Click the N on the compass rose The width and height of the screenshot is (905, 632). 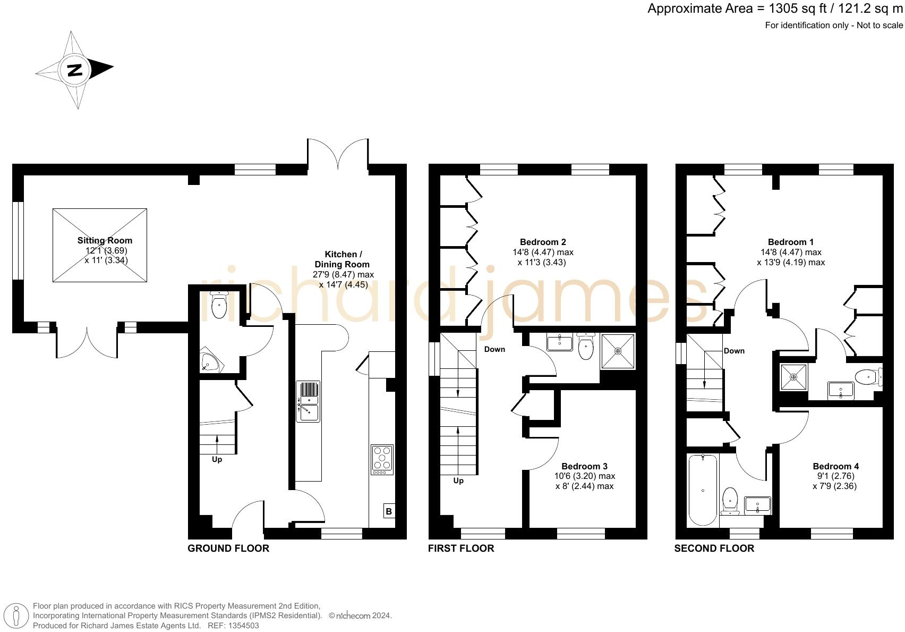point(75,70)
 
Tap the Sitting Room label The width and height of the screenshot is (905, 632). point(105,240)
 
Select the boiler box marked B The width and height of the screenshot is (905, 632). point(388,511)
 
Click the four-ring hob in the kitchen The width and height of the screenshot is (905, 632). point(382,459)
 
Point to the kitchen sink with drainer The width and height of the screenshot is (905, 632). point(308,401)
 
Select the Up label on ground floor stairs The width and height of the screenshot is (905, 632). point(217,459)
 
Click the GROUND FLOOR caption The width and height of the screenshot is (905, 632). point(228,548)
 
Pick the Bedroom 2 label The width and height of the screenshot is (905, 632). point(539,242)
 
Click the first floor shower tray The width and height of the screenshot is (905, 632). point(618,351)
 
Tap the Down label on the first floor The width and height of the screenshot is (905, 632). point(494,349)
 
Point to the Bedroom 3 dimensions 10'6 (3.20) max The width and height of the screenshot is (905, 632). point(584,476)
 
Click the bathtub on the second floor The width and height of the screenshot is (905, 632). point(703,490)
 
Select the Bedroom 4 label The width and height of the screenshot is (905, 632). point(835,466)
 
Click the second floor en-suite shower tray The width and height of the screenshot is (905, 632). point(793,377)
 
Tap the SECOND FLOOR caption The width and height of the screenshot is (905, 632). point(714,548)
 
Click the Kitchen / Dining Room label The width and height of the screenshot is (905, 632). point(343,259)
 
